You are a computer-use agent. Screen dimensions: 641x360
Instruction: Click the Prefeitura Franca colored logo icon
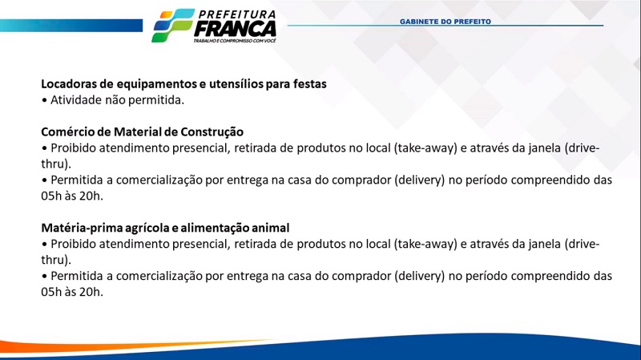click(173, 26)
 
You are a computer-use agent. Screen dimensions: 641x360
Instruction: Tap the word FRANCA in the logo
click(235, 29)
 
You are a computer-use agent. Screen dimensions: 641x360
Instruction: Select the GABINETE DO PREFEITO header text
click(445, 22)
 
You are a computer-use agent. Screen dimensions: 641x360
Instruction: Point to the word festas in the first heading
click(310, 84)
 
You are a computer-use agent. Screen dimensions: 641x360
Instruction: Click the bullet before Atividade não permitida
click(44, 100)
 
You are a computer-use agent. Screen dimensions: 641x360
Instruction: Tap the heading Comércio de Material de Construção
click(143, 131)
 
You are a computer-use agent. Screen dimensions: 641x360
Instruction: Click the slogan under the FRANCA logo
click(235, 41)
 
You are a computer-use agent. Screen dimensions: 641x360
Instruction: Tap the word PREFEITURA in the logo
click(237, 14)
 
